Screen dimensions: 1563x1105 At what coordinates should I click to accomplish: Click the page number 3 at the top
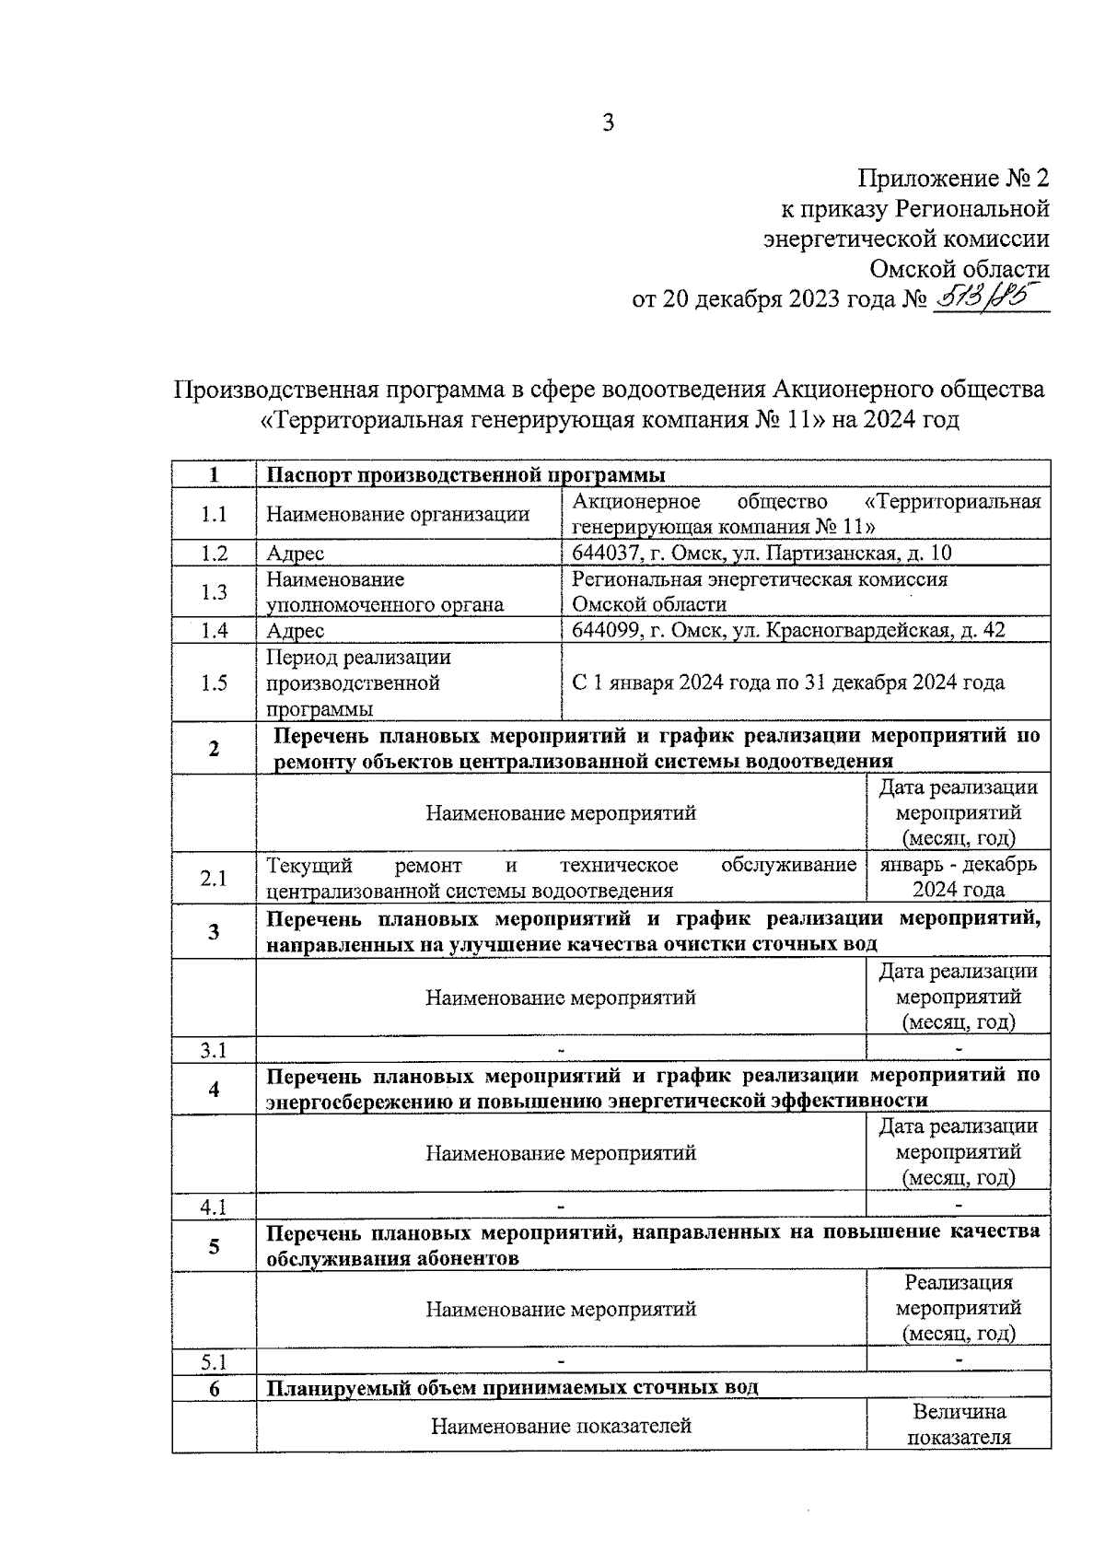[x=608, y=122]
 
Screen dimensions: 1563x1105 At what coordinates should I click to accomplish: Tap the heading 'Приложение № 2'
[x=954, y=179]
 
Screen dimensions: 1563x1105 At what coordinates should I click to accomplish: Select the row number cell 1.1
[x=214, y=514]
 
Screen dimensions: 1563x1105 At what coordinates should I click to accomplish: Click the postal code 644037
[x=605, y=553]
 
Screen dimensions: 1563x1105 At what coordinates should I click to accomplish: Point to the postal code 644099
[x=605, y=630]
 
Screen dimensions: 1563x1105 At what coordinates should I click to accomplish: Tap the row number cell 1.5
[x=214, y=682]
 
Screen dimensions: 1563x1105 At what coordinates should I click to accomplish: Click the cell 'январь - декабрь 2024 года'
[x=958, y=877]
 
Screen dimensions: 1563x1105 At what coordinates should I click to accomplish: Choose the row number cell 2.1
[x=214, y=878]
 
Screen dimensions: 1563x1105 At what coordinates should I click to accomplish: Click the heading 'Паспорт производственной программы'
[x=466, y=475]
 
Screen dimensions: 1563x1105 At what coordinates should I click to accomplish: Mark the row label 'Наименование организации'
[x=398, y=514]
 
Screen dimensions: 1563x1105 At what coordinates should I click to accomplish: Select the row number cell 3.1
[x=214, y=1050]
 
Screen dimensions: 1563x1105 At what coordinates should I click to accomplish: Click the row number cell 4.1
[x=214, y=1206]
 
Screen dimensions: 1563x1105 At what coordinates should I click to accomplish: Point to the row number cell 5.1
[x=214, y=1361]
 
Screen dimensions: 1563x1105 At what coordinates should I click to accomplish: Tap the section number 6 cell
[x=214, y=1388]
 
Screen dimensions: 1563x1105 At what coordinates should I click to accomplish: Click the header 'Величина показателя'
[x=959, y=1425]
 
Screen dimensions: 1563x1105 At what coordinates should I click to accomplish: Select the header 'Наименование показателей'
[x=561, y=1426]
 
